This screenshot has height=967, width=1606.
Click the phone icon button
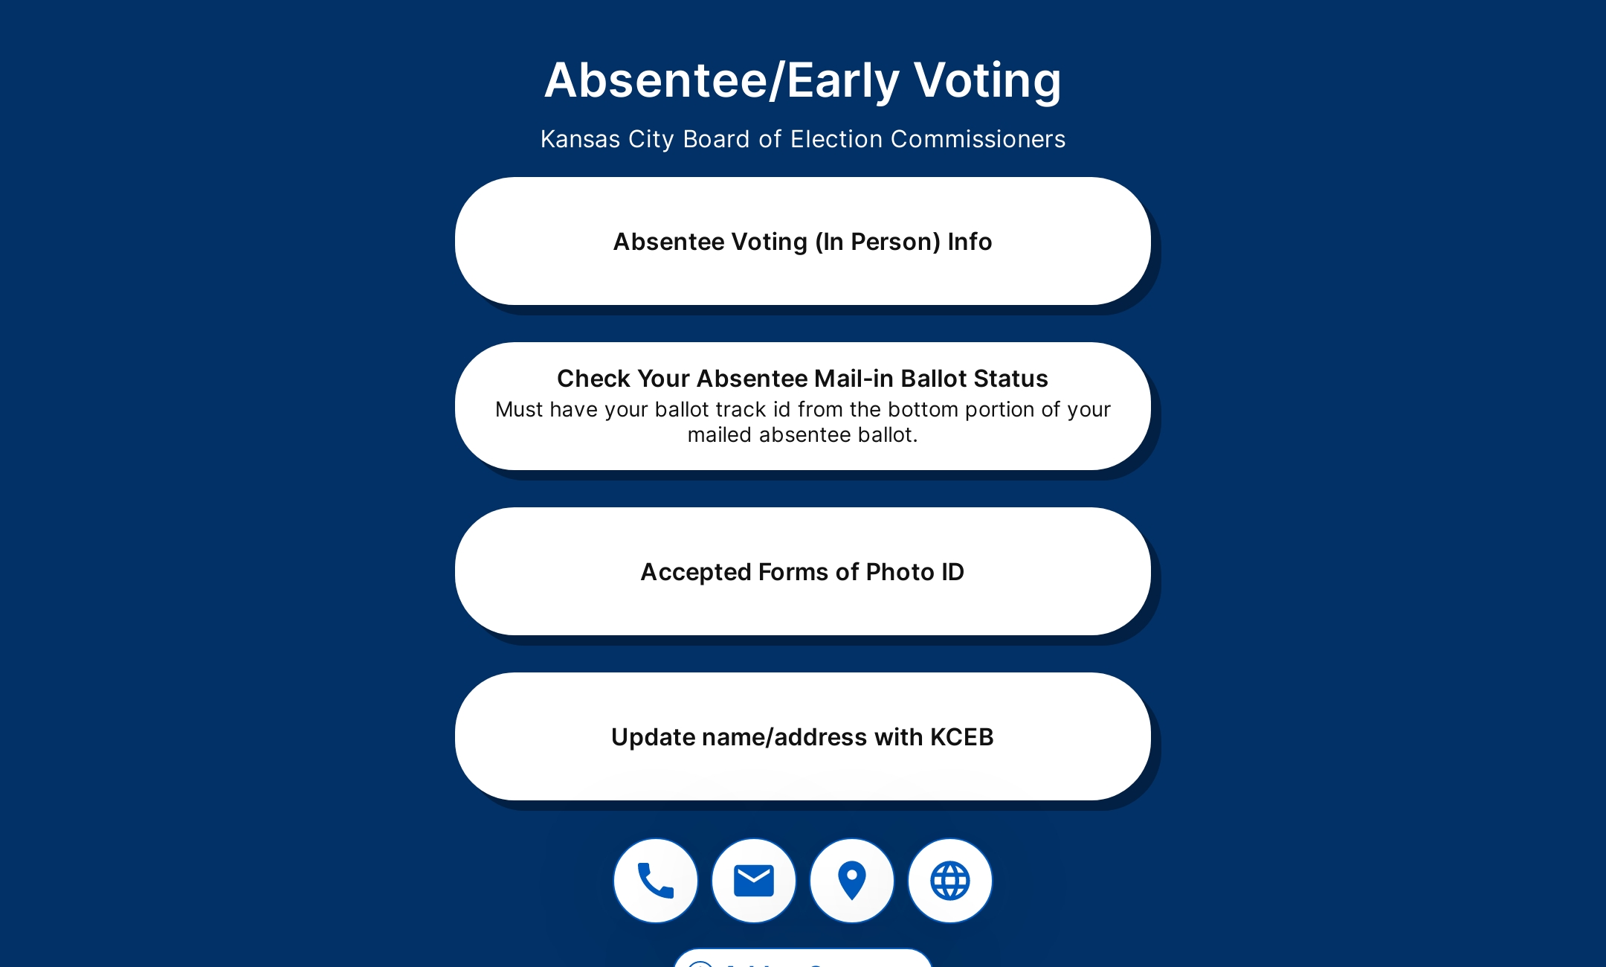click(x=655, y=881)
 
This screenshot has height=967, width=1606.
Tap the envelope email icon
click(x=753, y=881)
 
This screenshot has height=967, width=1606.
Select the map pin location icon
click(x=851, y=881)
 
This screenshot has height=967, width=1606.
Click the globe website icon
click(x=949, y=881)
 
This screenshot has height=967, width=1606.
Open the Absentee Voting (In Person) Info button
click(x=802, y=242)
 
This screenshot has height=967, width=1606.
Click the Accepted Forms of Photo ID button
click(x=802, y=572)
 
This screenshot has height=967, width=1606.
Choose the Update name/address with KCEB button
click(x=802, y=737)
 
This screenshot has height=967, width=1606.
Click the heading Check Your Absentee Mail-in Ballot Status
click(x=802, y=379)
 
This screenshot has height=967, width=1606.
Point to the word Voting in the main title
click(x=987, y=80)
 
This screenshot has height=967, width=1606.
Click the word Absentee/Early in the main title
click(x=722, y=80)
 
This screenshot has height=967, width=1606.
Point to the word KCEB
click(x=961, y=737)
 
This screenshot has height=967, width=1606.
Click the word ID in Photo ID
click(x=952, y=572)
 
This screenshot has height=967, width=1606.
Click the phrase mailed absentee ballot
click(x=802, y=435)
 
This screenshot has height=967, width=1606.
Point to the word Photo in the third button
click(x=900, y=572)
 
